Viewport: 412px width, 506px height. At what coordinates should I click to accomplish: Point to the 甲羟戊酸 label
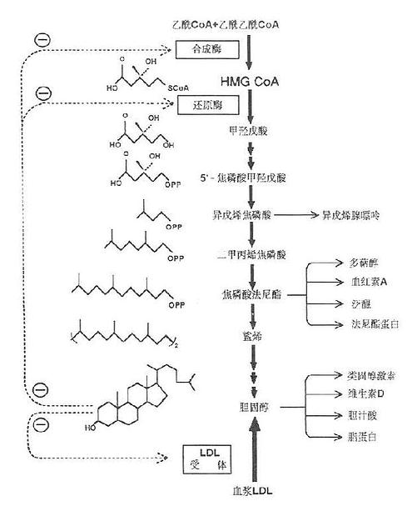(250, 133)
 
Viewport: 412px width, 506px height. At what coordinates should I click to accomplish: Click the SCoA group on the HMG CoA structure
(181, 87)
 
